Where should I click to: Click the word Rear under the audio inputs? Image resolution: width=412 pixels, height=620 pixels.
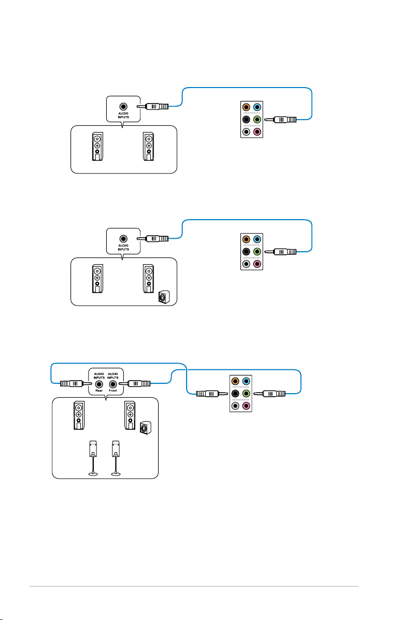click(99, 390)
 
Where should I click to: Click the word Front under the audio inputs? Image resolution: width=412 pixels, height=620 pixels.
click(113, 390)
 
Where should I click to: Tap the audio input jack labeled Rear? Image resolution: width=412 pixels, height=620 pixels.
click(99, 384)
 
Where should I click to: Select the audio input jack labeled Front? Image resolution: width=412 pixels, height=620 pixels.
click(113, 384)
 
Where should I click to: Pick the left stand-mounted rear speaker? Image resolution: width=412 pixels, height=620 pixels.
click(93, 458)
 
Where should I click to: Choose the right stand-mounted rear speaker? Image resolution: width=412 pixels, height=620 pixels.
click(116, 458)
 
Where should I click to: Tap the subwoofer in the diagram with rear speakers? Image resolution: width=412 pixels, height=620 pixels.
click(146, 428)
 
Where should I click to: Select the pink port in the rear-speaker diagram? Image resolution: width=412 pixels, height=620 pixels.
click(246, 406)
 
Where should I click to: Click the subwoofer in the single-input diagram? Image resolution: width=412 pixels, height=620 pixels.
click(164, 297)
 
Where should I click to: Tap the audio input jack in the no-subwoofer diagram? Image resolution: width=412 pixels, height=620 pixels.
click(123, 107)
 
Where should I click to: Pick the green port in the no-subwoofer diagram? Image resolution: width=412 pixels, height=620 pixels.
click(257, 120)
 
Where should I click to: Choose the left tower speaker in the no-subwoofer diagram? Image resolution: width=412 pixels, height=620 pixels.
click(98, 146)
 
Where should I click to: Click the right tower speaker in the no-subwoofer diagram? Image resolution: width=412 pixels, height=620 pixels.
click(148, 146)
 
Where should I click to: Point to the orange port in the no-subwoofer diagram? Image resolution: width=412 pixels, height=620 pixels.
click(246, 107)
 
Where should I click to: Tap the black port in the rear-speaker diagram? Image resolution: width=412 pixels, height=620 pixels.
click(235, 394)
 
